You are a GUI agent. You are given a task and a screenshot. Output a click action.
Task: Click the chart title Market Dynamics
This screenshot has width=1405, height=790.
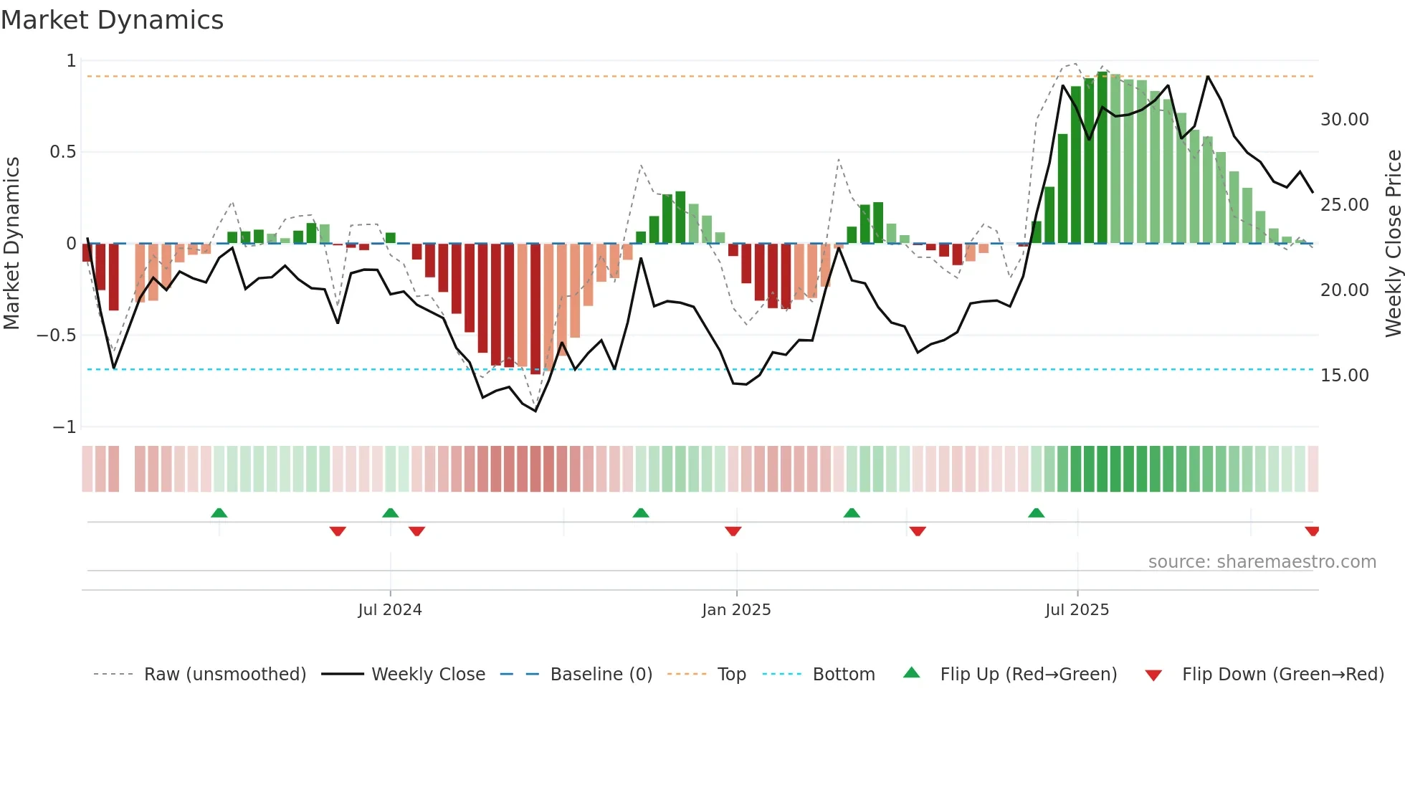tap(112, 20)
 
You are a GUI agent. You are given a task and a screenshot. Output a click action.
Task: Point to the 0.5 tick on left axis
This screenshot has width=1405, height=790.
tap(62, 152)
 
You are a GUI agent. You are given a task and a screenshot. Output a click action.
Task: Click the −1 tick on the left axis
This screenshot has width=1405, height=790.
tap(64, 427)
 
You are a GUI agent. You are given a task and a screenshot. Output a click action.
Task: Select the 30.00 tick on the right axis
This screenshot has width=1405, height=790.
tap(1344, 120)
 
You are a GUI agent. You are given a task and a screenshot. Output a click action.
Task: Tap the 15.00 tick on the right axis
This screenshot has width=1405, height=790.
tap(1344, 376)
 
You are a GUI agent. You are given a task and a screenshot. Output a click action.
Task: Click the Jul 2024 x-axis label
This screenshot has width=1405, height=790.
tap(390, 610)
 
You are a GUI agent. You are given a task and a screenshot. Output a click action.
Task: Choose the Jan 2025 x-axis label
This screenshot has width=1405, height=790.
tap(736, 610)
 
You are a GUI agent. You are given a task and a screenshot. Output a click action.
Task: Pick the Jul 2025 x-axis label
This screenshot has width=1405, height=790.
tap(1077, 610)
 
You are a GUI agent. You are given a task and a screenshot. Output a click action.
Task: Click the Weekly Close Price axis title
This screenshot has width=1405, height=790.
tap(1393, 243)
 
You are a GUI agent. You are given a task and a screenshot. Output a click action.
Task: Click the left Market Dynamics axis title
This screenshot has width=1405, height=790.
tap(11, 243)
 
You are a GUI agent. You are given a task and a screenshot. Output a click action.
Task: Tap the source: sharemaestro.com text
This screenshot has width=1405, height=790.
tap(1262, 562)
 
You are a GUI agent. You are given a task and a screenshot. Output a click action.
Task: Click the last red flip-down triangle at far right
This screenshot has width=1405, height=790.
tap(1312, 531)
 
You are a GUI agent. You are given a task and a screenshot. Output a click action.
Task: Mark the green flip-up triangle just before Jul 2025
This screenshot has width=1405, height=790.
tap(1036, 513)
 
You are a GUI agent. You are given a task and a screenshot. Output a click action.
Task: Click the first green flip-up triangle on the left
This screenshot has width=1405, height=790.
tap(219, 513)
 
